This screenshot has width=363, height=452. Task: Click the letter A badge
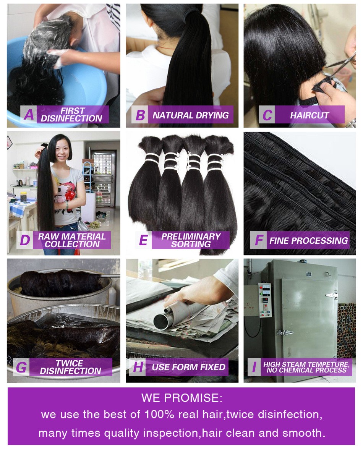29,115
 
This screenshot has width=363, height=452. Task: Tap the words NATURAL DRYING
191,115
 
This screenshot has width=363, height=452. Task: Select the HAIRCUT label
310,115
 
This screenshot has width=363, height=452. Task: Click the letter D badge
25,240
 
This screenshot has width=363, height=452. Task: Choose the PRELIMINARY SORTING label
191,240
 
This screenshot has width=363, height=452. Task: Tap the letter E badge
143,240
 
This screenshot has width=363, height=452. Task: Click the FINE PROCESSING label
308,240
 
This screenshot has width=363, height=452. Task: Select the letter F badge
259,240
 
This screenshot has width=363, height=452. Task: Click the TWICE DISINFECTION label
70,367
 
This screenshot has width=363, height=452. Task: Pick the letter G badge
21,367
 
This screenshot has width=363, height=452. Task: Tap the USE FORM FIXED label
188,367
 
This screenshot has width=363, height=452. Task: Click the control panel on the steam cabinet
265,300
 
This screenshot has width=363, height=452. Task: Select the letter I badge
254,367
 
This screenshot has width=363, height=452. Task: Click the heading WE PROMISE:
181,398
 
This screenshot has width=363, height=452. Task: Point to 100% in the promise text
159,415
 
